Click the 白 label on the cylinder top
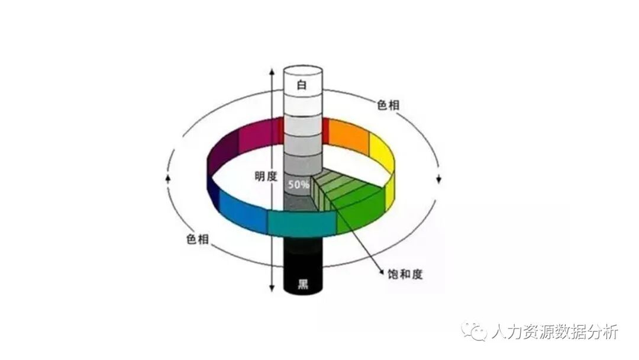click(302, 85)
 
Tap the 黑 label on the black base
click(302, 283)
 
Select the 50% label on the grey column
click(298, 184)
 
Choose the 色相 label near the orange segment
click(388, 105)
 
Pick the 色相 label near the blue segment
click(196, 239)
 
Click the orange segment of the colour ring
click(348, 135)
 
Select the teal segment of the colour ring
click(302, 223)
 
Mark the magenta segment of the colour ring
click(258, 133)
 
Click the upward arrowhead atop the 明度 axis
click(272, 72)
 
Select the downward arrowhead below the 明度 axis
click(272, 288)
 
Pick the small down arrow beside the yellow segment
click(439, 179)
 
